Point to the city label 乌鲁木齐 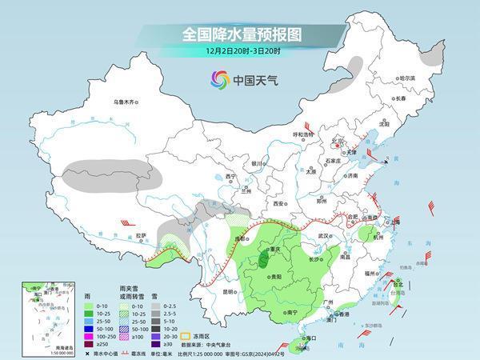(126, 102)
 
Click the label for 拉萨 (141, 235)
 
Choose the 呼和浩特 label (305, 135)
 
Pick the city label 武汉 (324, 236)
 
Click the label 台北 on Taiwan (398, 283)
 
